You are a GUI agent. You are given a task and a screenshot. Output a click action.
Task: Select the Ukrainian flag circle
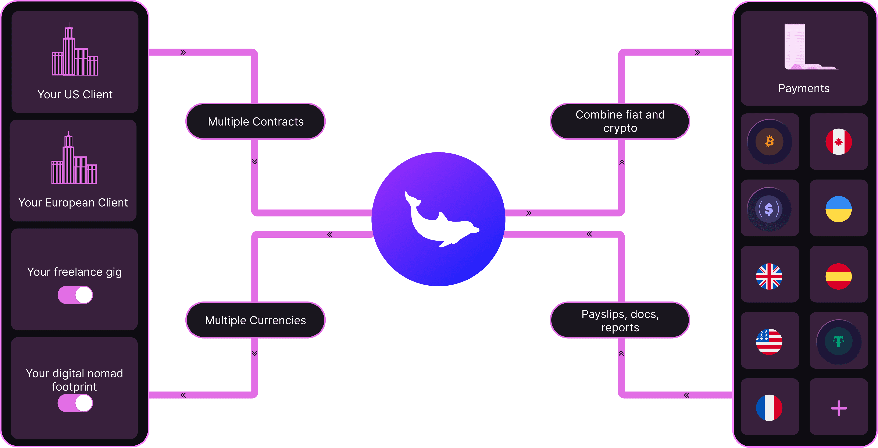pos(838,209)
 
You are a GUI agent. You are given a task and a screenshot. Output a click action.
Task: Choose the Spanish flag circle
pos(838,276)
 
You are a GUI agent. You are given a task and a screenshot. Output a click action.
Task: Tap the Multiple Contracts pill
pos(256,121)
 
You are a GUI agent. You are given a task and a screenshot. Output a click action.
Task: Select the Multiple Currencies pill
pos(256,320)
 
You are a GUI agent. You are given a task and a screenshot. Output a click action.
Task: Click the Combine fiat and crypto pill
pos(620,121)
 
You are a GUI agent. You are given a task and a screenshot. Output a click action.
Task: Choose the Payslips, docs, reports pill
pos(620,320)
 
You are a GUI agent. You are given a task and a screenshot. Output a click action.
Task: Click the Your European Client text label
pos(73,203)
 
